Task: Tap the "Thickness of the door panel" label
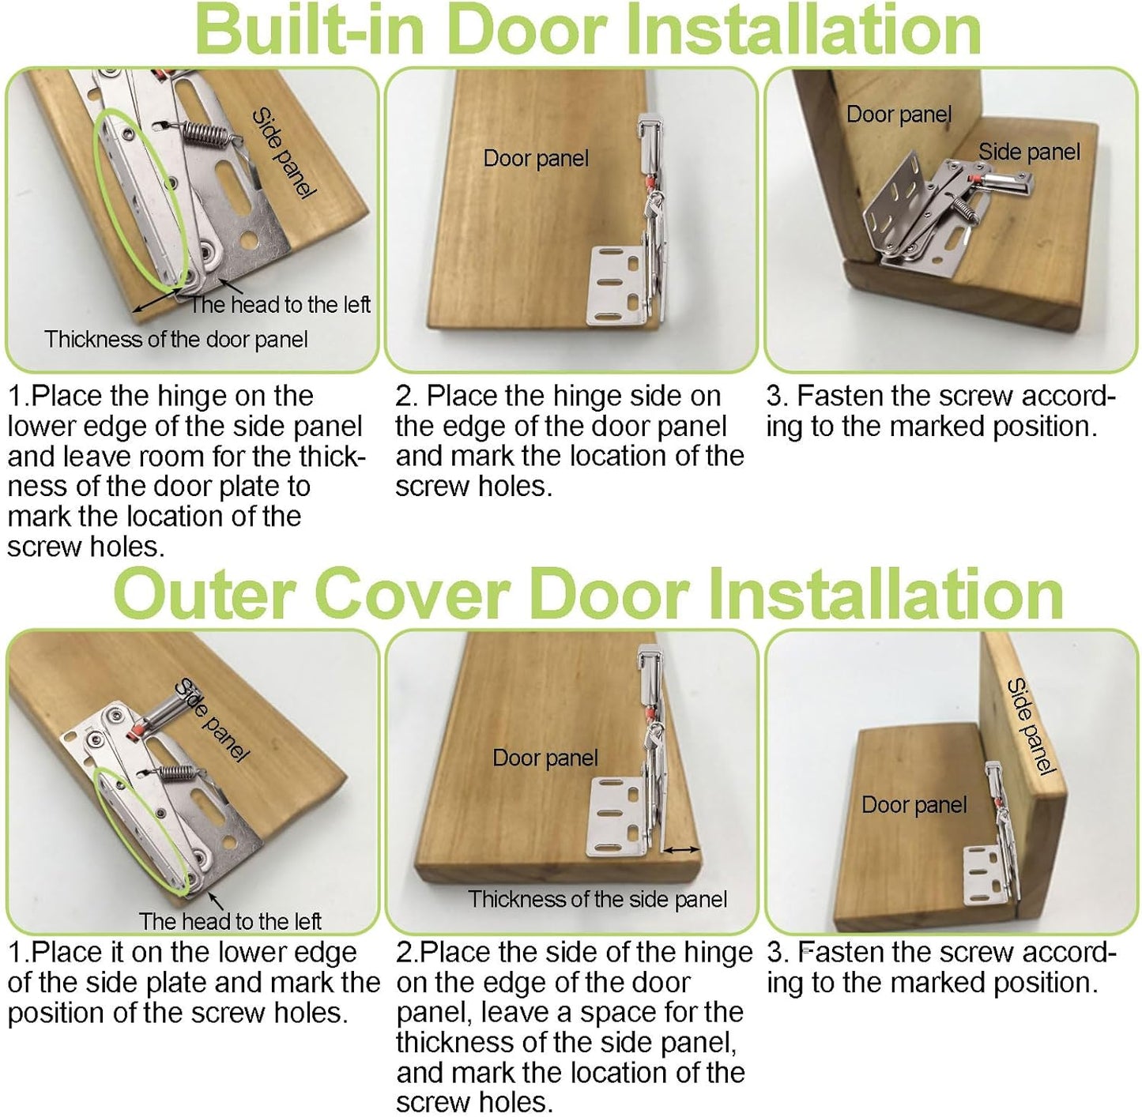[176, 339]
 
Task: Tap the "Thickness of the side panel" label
[597, 899]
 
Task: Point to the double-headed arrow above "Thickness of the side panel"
[680, 849]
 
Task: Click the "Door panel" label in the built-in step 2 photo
[536, 159]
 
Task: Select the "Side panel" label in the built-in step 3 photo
[1029, 152]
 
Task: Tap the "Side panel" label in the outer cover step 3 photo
[1031, 726]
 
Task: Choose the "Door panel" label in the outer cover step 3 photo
[914, 804]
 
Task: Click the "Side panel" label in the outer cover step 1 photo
[213, 719]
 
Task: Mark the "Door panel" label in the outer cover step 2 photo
[545, 758]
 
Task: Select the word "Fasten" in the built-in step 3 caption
[840, 396]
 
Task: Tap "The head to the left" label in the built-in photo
[279, 304]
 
